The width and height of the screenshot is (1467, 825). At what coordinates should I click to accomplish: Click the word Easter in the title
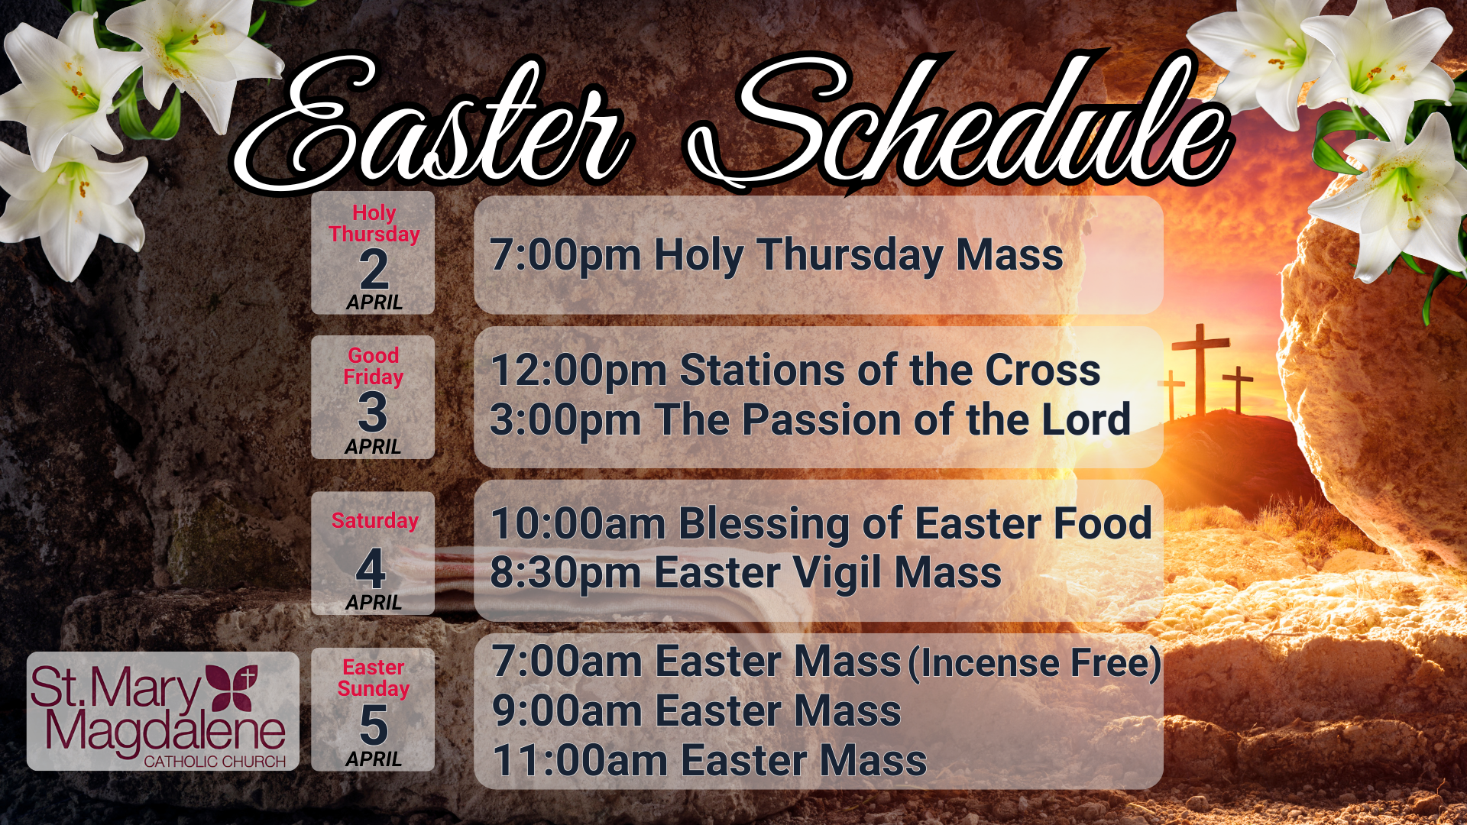click(x=432, y=126)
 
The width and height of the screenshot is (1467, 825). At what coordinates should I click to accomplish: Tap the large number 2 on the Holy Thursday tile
click(x=374, y=269)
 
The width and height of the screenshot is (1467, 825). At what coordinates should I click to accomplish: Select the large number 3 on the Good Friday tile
click(x=373, y=412)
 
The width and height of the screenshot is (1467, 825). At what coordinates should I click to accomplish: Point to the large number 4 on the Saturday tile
click(x=371, y=568)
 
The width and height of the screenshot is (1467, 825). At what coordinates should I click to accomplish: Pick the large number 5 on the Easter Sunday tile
click(x=374, y=724)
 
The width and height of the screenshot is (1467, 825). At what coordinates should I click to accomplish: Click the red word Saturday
click(x=374, y=521)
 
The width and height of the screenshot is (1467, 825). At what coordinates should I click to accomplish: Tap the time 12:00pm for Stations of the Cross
click(x=579, y=371)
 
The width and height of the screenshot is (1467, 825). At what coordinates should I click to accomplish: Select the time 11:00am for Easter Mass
click(x=581, y=761)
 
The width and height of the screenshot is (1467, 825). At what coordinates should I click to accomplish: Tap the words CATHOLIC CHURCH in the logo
click(x=215, y=762)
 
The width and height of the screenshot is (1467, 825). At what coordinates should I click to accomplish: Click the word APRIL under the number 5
click(x=374, y=759)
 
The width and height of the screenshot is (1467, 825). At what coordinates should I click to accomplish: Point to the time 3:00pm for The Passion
click(x=565, y=420)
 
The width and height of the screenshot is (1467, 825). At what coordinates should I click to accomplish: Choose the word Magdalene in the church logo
click(x=165, y=730)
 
